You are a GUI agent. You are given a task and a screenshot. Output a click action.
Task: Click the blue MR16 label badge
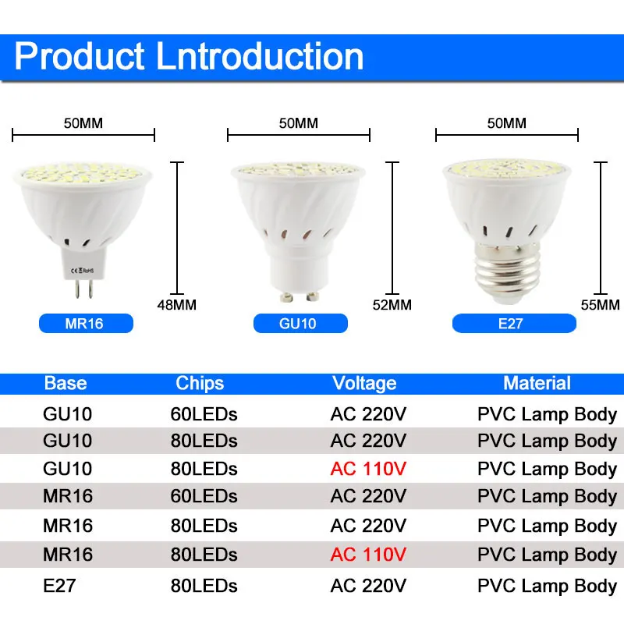click(x=86, y=323)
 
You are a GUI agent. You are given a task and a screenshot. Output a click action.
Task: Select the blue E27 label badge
click(x=510, y=323)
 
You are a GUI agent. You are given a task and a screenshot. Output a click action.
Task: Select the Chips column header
click(x=200, y=383)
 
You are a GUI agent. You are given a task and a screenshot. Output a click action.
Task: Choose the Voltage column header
click(x=364, y=383)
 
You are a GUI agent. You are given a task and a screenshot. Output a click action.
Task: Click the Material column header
click(x=537, y=383)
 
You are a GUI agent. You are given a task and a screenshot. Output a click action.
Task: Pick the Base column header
click(x=66, y=383)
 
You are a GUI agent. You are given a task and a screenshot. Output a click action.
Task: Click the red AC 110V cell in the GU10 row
click(x=368, y=469)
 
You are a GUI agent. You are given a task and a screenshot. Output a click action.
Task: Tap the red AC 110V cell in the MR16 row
click(x=368, y=555)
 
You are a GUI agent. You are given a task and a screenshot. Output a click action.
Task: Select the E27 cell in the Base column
click(x=59, y=585)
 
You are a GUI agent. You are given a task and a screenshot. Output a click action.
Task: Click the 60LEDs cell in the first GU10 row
click(x=204, y=413)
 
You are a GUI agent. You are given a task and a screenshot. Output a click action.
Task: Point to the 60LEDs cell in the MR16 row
click(x=204, y=496)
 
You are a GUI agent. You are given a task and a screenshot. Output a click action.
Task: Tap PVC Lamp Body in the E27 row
click(x=547, y=585)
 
